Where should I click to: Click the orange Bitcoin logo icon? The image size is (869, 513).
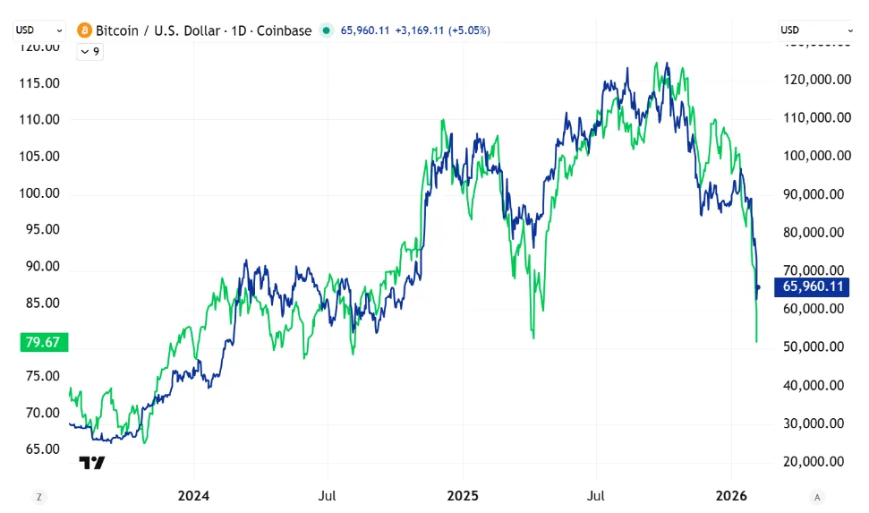pos(84,30)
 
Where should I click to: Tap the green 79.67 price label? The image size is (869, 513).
pos(45,342)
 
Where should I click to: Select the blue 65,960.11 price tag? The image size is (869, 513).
pos(812,286)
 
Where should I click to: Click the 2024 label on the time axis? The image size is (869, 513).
pos(193,495)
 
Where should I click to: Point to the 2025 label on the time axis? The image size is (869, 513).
pos(463,495)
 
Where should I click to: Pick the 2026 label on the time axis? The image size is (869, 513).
pos(731,495)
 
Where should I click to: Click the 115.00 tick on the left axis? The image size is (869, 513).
pos(39,83)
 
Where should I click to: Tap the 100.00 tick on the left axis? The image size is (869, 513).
pos(39,193)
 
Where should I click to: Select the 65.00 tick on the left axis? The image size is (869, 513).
pos(43,449)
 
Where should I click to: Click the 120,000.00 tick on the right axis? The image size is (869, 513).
pos(817,80)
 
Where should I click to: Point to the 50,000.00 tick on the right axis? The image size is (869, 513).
pos(814,346)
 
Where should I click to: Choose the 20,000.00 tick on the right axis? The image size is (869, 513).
pos(814,461)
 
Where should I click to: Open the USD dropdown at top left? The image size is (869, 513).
pos(38,30)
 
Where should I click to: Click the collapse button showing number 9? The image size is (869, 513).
pos(89,52)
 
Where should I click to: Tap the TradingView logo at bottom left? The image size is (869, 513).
pos(92,463)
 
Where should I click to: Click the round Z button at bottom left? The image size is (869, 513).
pos(38,497)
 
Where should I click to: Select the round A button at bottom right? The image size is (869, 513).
pos(817,497)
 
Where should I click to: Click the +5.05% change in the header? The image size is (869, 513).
pos(470,30)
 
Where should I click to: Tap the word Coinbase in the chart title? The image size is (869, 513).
pos(284,30)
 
